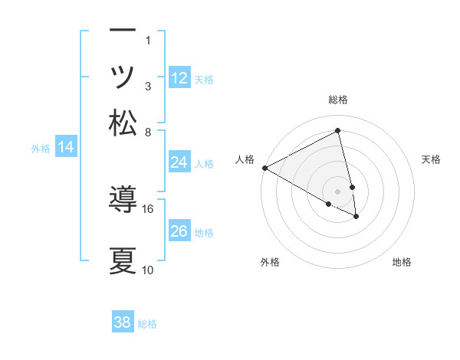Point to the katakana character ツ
123,77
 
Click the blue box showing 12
179,77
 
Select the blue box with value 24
179,162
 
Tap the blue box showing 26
179,231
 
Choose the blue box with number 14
66,147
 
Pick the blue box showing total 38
123,322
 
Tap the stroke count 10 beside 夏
148,270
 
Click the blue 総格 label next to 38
147,324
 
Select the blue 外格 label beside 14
41,149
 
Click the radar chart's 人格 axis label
245,159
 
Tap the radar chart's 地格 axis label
402,262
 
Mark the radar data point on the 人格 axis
264,168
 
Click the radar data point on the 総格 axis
338,131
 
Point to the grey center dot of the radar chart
338,190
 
